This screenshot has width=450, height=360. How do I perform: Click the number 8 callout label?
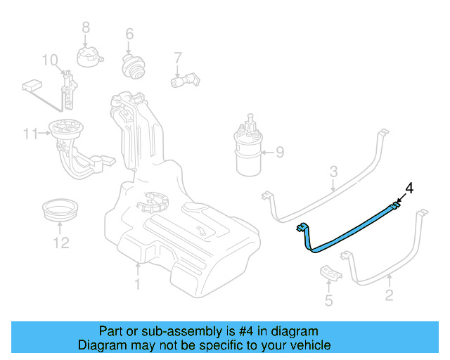[86, 27]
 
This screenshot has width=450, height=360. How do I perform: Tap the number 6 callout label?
[129, 34]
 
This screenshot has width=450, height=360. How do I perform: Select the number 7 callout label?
[178, 58]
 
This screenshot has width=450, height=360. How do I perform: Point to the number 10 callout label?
[49, 60]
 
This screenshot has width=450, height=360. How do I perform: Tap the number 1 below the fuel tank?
[138, 283]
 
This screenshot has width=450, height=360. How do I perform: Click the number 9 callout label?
[279, 151]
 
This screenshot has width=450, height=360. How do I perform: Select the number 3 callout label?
[334, 171]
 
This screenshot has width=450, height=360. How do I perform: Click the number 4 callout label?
[410, 188]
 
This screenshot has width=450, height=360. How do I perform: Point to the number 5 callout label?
[328, 302]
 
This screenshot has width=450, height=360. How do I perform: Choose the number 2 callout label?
[389, 297]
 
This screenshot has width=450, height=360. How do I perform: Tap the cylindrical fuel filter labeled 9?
[248, 151]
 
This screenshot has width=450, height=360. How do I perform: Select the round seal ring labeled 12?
[59, 210]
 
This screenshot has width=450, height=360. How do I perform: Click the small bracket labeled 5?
[330, 273]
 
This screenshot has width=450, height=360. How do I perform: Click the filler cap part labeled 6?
[131, 67]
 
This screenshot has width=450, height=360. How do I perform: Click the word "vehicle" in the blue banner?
[307, 345]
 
